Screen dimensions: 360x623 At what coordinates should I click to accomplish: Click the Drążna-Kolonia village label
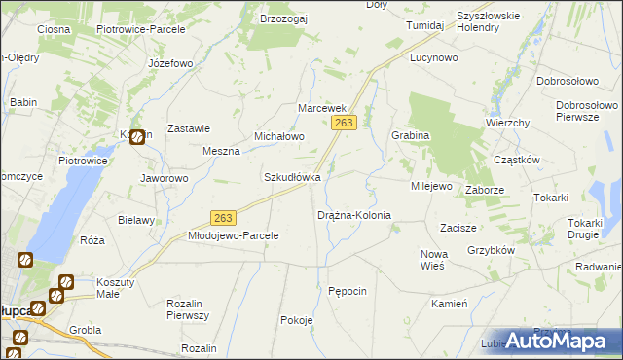(x=354, y=215)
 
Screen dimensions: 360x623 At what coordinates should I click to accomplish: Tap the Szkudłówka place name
(x=292, y=178)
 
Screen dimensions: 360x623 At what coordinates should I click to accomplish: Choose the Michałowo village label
(x=279, y=137)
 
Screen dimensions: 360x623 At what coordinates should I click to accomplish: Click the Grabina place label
(x=410, y=136)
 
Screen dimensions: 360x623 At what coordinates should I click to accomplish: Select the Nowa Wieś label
(x=432, y=260)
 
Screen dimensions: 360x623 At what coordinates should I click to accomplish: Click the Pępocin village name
(x=348, y=291)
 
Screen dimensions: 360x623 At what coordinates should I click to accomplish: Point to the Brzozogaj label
(x=284, y=18)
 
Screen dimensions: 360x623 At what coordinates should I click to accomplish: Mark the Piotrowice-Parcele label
(x=133, y=30)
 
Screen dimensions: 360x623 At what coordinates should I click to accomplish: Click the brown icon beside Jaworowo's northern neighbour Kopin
(x=138, y=139)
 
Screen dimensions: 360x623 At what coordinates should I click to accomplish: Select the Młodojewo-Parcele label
(x=234, y=235)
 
